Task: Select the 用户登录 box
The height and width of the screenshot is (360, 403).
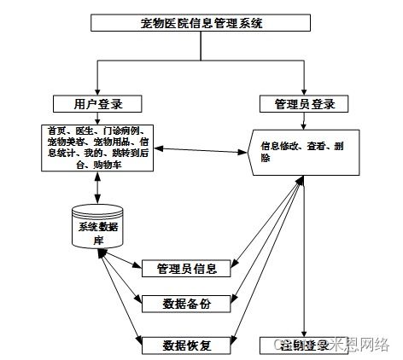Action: pos(99,104)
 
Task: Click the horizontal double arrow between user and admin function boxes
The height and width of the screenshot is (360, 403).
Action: pos(201,151)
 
